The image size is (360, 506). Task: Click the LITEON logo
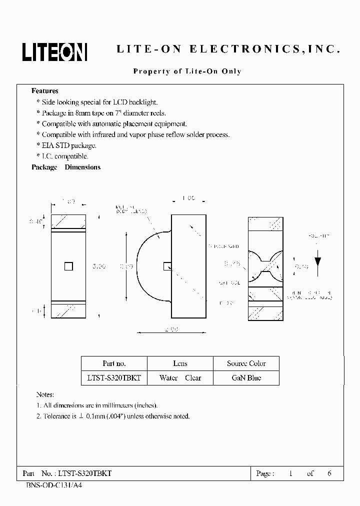pos(54,51)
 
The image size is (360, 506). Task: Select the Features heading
pos(45,91)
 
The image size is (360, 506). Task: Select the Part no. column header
pos(114,363)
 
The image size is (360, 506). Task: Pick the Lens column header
pos(180,363)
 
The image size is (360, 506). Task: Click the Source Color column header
pos(246,363)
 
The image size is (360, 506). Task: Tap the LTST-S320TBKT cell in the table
pos(114,378)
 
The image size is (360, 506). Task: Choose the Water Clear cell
pos(180,378)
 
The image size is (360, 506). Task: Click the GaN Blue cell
pos(246,378)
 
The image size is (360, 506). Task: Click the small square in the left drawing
pos(68,267)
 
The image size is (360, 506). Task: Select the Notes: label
pos(45,394)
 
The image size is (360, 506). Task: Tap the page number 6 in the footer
pos(329,473)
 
